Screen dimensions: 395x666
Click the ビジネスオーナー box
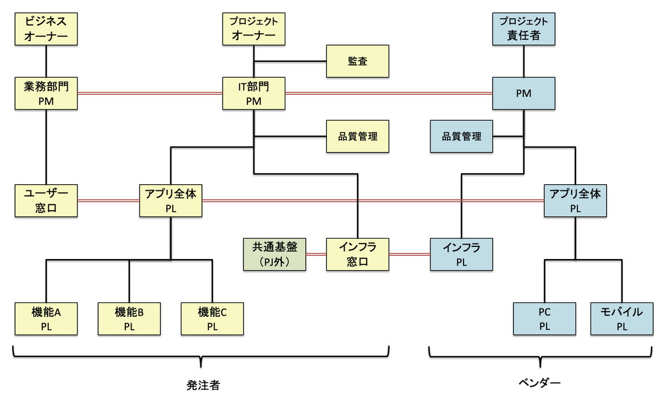pyautogui.click(x=46, y=29)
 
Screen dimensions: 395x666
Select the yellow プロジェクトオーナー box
pyautogui.click(x=254, y=29)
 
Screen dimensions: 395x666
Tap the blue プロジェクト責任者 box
pyautogui.click(x=523, y=29)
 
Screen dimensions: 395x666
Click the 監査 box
pyautogui.click(x=357, y=61)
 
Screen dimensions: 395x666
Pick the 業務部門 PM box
pyautogui.click(x=46, y=93)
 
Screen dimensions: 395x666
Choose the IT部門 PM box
pyautogui.click(x=254, y=93)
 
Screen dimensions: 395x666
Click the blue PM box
pyautogui.click(x=523, y=93)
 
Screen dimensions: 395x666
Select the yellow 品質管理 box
pyautogui.click(x=357, y=136)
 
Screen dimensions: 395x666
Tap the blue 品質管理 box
pyautogui.click(x=462, y=136)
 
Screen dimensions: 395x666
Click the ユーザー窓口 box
pyautogui.click(x=46, y=200)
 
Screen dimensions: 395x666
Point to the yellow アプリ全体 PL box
pyautogui.click(x=170, y=200)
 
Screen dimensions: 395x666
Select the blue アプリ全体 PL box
pyautogui.click(x=575, y=200)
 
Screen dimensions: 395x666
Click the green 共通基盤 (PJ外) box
pyautogui.click(x=275, y=254)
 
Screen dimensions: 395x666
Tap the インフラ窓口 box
pyautogui.click(x=357, y=254)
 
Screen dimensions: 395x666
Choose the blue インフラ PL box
pyautogui.click(x=462, y=254)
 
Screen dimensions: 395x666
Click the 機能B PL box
pyautogui.click(x=129, y=319)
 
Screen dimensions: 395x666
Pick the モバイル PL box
pyautogui.click(x=622, y=319)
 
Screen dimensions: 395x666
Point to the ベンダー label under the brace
pyautogui.click(x=539, y=382)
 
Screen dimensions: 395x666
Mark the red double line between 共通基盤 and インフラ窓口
pyautogui.click(x=316, y=254)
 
